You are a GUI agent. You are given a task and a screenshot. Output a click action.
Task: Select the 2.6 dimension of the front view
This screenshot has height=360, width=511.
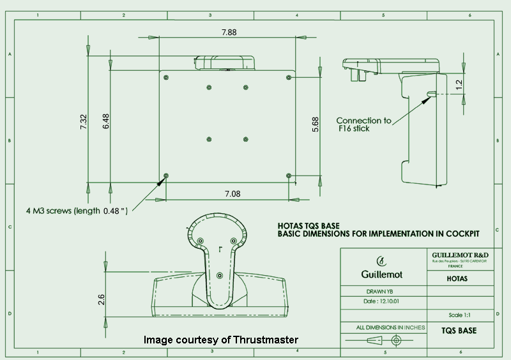click(102, 297)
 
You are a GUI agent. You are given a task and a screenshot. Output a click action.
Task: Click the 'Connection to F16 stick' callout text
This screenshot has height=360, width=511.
click(363, 124)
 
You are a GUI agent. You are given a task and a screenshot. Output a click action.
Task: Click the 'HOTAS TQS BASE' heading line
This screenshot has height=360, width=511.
click(309, 226)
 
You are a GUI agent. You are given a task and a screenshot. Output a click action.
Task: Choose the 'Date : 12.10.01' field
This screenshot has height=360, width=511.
click(379, 301)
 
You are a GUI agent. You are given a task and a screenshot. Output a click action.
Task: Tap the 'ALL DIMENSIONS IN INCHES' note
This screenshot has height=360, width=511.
click(390, 327)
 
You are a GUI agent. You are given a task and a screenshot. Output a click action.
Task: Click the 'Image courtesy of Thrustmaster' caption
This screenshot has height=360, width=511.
click(220, 340)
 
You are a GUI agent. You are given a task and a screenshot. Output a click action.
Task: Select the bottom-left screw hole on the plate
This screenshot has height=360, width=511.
click(166, 176)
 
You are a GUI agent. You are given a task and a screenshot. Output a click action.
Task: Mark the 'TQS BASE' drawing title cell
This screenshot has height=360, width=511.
click(459, 331)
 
